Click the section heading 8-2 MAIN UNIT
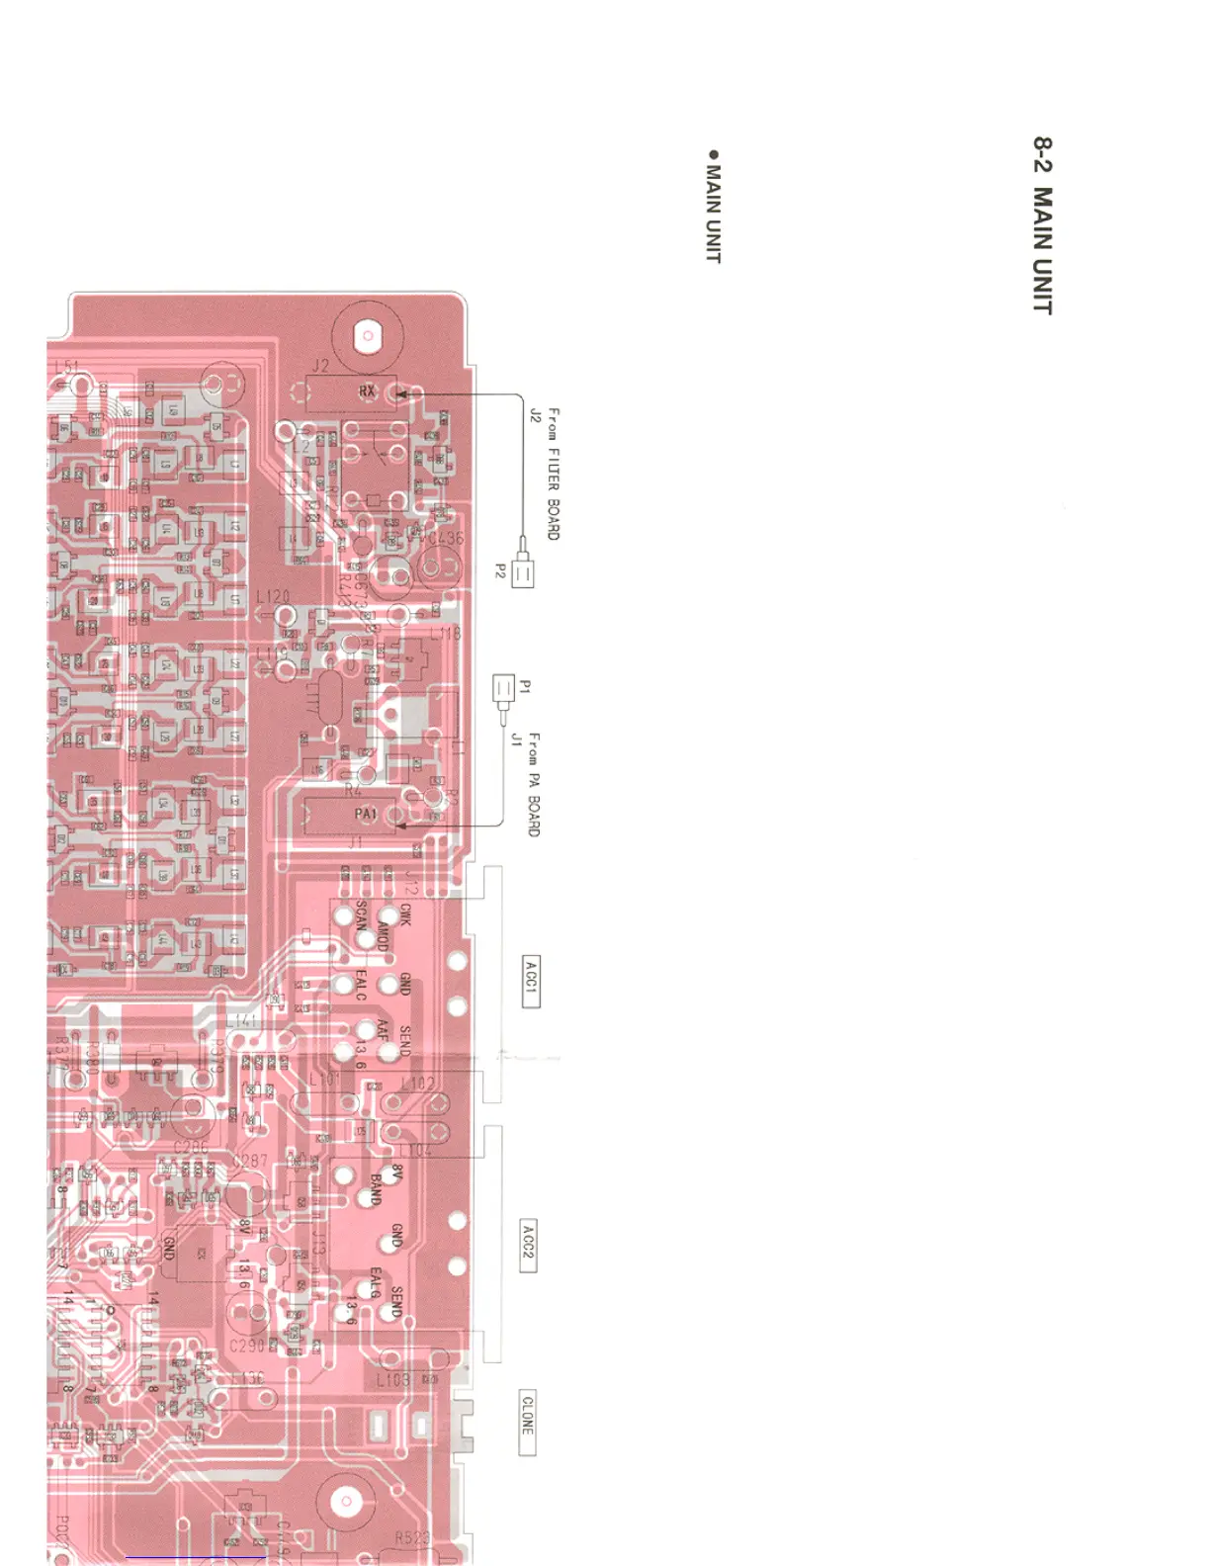pos(1043,225)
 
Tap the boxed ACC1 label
pos(531,981)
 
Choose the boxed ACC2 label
pos(528,1246)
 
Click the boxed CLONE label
pos(527,1422)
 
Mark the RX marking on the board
pos(367,391)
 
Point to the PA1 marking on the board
pos(366,814)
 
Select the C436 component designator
pos(444,539)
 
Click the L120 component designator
pos(273,596)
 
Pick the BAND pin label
pos(375,1188)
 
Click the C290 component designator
pos(246,1346)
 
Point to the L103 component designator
pos(392,1378)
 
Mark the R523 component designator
pos(412,1538)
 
